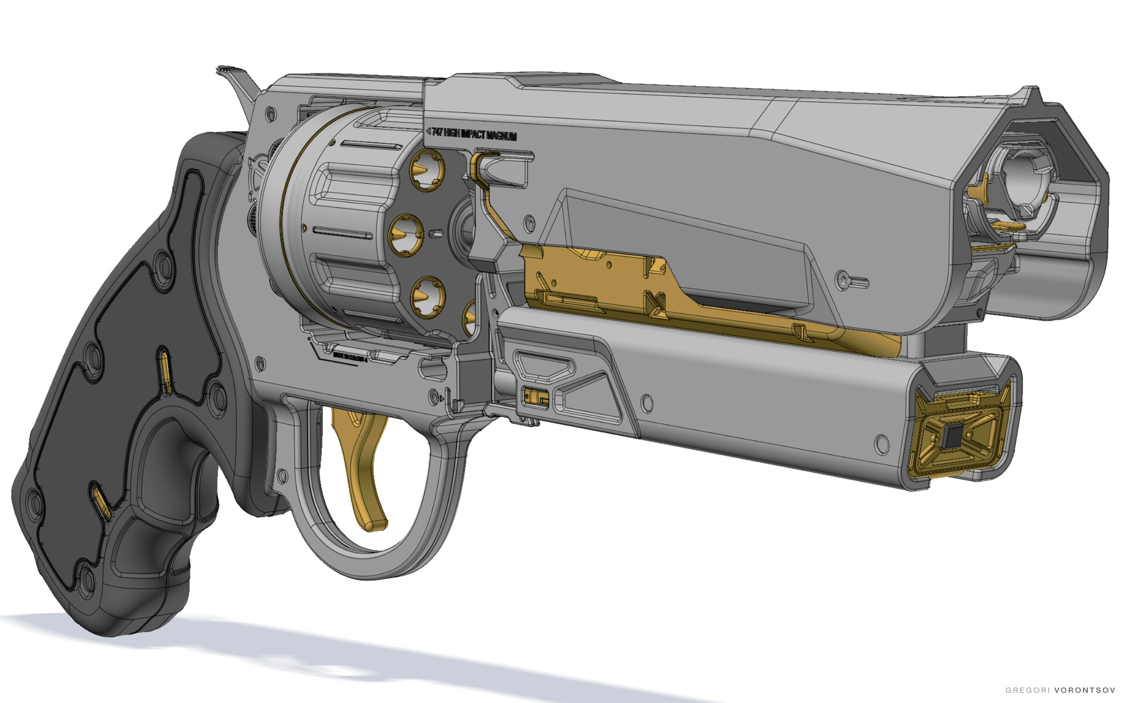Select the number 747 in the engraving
(x=437, y=133)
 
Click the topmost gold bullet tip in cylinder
(x=426, y=169)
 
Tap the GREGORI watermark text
(x=1028, y=690)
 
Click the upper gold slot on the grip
(x=166, y=372)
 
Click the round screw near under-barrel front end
(x=881, y=443)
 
